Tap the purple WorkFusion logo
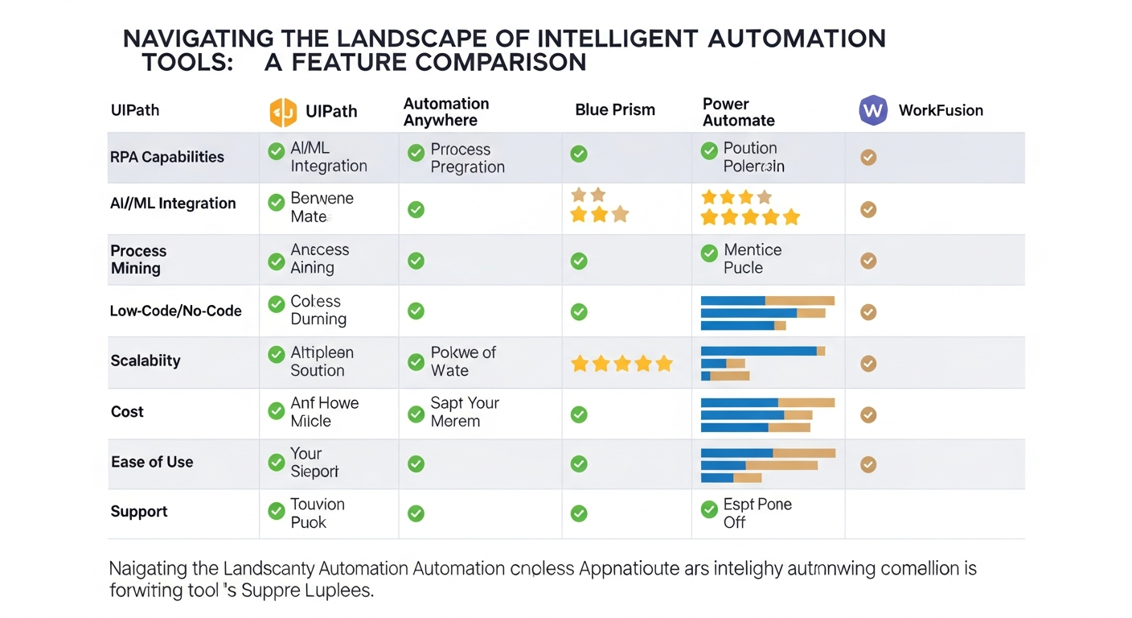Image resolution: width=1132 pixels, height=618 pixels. (872, 110)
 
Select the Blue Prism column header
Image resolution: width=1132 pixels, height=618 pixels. (615, 110)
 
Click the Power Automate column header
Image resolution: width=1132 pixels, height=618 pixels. (738, 112)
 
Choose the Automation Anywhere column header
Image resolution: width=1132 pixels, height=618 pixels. (445, 112)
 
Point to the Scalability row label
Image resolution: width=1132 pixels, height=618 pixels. (145, 360)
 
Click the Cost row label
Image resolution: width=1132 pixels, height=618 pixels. (127, 411)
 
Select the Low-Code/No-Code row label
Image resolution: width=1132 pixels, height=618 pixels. (175, 311)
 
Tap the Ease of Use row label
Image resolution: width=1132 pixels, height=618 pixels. (152, 462)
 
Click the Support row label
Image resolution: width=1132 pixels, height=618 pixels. (139, 512)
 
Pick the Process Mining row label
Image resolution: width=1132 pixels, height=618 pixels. (138, 259)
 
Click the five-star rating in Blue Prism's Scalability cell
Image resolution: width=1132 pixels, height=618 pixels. (621, 364)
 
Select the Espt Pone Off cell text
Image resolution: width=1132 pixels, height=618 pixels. (757, 513)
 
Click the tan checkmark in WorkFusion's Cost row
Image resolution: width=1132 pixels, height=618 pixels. (868, 414)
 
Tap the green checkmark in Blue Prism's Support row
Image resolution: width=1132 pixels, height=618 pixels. (579, 513)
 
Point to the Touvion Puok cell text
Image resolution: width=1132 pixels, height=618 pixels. (317, 513)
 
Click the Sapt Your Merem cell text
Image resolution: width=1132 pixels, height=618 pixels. (464, 412)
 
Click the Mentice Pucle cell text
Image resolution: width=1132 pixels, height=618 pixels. (752, 258)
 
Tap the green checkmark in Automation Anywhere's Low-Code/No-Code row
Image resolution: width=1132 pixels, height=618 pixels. (416, 311)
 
